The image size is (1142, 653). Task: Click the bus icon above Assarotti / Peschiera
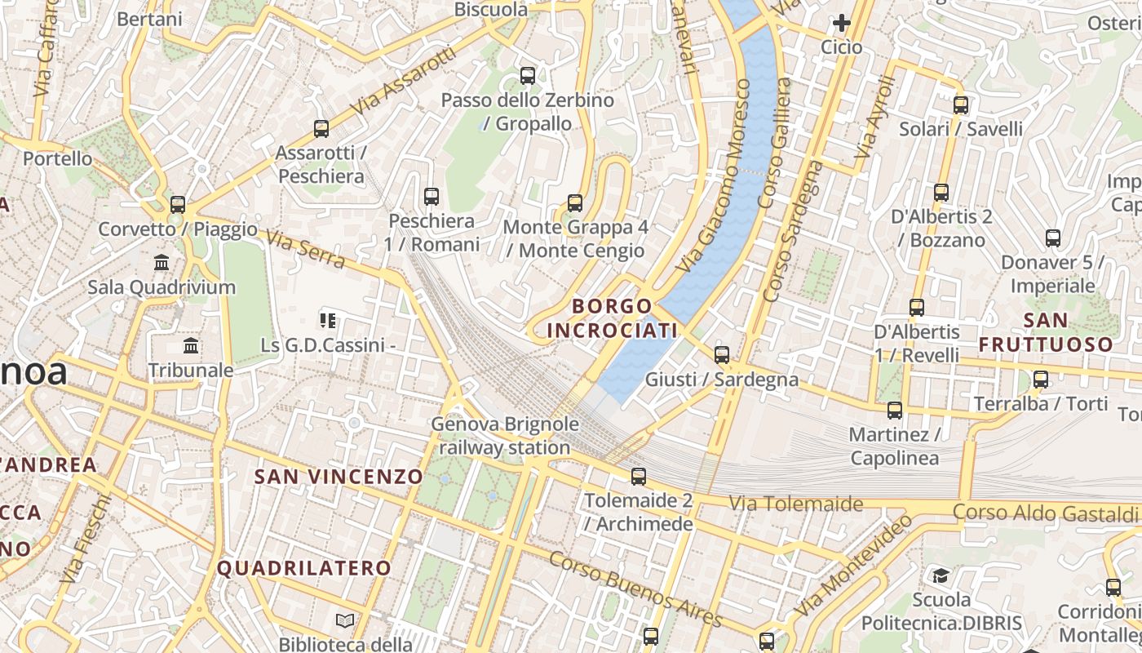(x=321, y=128)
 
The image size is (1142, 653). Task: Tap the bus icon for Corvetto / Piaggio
(x=177, y=204)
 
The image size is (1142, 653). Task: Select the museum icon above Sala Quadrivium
(x=162, y=263)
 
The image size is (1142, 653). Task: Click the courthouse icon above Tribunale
(x=191, y=346)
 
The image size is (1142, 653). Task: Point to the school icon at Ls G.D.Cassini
(x=328, y=321)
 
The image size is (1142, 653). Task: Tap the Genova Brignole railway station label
(x=505, y=436)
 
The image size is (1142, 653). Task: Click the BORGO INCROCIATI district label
(x=613, y=318)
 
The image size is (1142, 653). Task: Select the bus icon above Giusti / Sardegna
(x=721, y=354)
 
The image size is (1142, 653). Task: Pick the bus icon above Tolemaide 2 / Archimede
(x=638, y=476)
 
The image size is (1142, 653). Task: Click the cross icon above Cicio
(x=841, y=23)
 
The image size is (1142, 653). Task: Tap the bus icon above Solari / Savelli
(x=960, y=104)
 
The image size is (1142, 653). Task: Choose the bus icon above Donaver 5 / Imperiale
(x=1052, y=238)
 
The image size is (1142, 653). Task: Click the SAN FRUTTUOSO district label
(x=1046, y=332)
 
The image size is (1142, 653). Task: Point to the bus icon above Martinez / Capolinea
(x=894, y=410)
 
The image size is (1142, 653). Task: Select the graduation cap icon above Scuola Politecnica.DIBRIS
(x=941, y=576)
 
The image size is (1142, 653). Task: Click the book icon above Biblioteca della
(x=345, y=621)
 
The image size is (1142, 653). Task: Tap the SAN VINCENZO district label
(x=339, y=477)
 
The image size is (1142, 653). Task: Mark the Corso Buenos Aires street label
(x=635, y=589)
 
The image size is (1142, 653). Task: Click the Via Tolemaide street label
(x=795, y=504)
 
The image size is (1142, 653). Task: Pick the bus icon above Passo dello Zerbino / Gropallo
(x=527, y=76)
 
